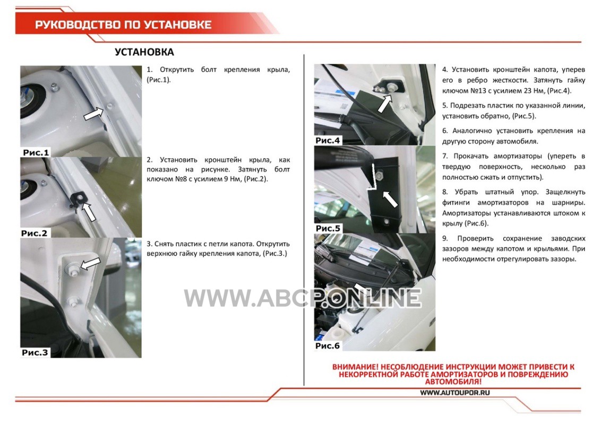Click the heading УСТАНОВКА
tap(144, 52)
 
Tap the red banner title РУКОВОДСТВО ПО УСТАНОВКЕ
tap(123, 25)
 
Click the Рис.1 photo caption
tap(36, 152)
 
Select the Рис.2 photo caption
tap(34, 233)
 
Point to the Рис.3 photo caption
tap(35, 352)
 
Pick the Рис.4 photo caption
tap(328, 140)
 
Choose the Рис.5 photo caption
tap(328, 228)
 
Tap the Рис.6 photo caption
tap(328, 346)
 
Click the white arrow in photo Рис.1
tap(93, 113)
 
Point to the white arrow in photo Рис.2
tap(89, 211)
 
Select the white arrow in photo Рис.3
tap(90, 263)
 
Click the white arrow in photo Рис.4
tap(385, 103)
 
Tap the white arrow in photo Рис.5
tap(390, 199)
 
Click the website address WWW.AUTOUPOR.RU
tap(455, 393)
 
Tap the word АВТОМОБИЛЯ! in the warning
tap(453, 382)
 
